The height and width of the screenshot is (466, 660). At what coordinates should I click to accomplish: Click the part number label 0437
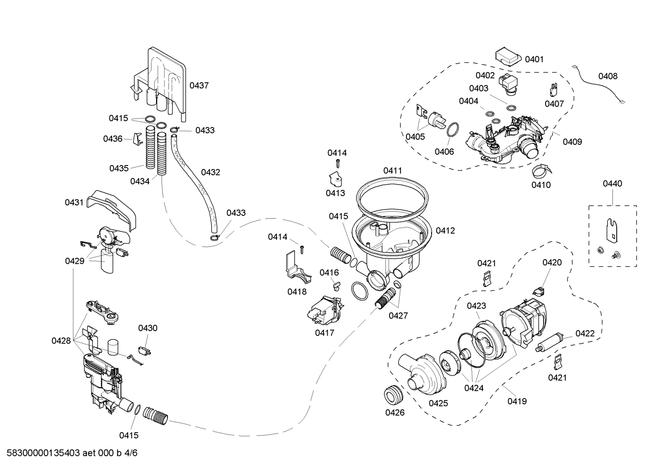[x=199, y=86]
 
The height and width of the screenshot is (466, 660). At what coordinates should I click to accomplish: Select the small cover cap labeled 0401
[x=508, y=57]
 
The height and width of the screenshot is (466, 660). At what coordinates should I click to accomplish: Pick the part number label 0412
[x=445, y=230]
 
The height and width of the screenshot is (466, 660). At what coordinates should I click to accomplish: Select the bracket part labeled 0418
[x=295, y=268]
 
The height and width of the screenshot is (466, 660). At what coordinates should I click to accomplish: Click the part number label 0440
[x=612, y=184]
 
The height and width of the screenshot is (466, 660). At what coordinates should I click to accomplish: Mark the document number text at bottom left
[x=69, y=453]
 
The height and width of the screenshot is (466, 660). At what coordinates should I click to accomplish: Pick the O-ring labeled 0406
[x=452, y=130]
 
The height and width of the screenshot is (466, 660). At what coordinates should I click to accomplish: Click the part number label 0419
[x=517, y=401]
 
